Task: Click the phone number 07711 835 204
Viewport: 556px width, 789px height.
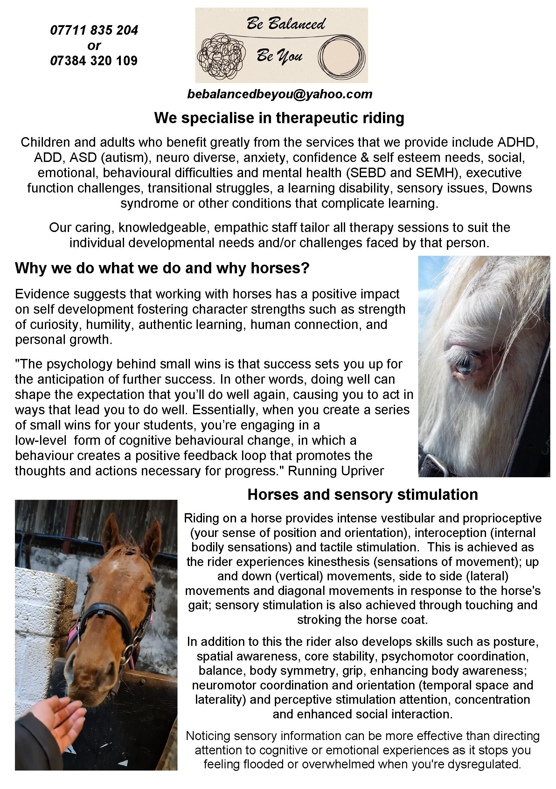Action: [94, 30]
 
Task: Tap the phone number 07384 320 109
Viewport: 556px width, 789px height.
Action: [94, 61]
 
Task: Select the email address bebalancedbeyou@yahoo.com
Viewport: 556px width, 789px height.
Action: [279, 94]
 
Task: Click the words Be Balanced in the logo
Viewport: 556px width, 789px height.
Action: [286, 24]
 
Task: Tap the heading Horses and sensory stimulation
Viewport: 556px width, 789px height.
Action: [363, 494]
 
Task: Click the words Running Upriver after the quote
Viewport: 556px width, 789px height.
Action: [336, 471]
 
